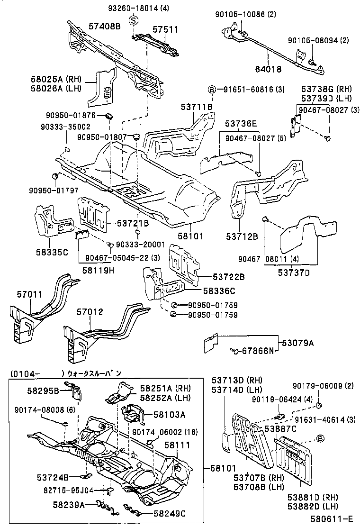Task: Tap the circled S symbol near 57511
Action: [134, 20]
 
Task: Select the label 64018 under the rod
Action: [269, 69]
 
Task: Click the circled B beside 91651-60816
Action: [213, 89]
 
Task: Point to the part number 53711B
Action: [196, 108]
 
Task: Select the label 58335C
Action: [52, 251]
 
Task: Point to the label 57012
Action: [90, 312]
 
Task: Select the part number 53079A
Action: [298, 343]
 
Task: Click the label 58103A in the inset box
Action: [169, 414]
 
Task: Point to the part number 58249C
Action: [170, 513]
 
